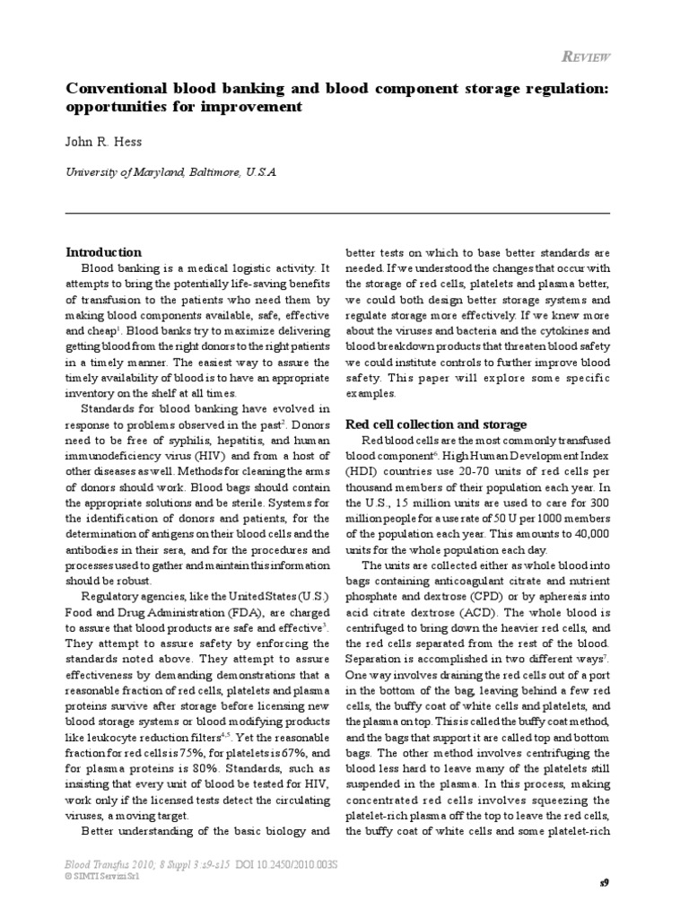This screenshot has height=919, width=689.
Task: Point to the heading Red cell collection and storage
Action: click(436, 424)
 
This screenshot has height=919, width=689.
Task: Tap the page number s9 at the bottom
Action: click(604, 883)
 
